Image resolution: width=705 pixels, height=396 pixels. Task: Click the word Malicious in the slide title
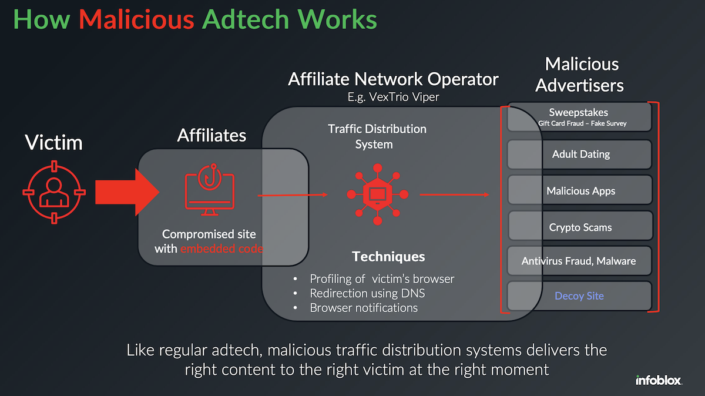pos(136,19)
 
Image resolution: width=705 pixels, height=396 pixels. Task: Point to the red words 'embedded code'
pos(221,249)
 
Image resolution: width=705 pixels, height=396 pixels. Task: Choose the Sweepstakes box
pos(579,117)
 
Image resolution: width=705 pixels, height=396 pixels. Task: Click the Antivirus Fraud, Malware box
pos(579,261)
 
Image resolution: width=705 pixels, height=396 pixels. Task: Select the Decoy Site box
pos(579,296)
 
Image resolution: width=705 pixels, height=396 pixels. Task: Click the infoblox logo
pos(659,381)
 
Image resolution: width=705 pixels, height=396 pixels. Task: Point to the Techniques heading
pos(388,257)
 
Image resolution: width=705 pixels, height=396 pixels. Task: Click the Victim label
pos(54,142)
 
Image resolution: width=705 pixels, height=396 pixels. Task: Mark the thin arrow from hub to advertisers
pos(455,194)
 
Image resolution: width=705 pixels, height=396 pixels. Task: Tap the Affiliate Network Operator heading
pos(393,79)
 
